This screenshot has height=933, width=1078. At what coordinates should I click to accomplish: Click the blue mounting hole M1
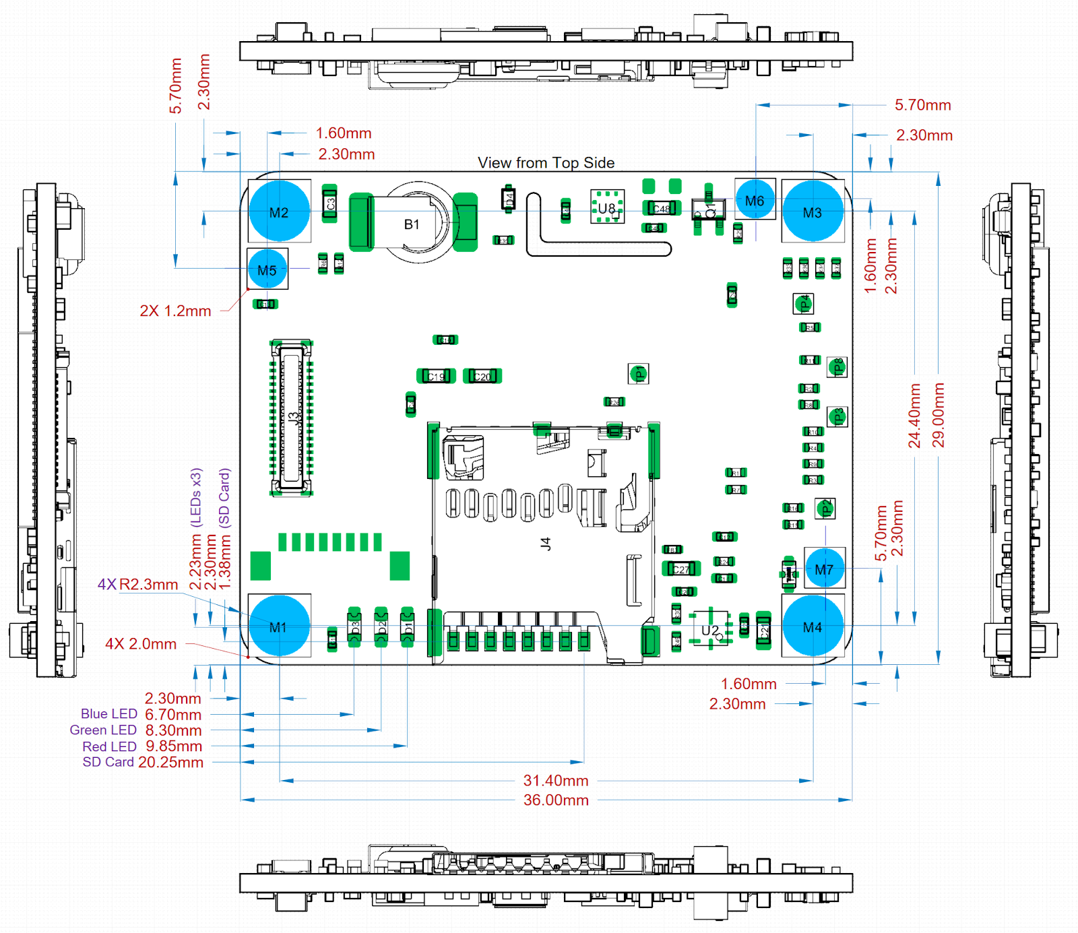(279, 626)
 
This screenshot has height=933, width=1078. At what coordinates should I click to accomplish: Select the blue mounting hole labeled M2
(279, 212)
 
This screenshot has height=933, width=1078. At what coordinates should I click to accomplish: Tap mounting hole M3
(813, 212)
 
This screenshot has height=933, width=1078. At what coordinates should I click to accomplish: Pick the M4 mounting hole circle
(813, 626)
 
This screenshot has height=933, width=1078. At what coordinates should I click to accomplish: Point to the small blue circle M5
(267, 269)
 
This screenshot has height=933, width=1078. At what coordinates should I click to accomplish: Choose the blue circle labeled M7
(824, 569)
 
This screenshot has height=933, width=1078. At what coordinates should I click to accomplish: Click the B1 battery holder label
(412, 224)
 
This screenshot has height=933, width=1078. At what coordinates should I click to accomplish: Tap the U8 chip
(607, 207)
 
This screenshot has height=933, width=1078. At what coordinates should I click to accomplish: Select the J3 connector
(292, 418)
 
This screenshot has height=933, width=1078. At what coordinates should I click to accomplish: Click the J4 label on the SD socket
(546, 543)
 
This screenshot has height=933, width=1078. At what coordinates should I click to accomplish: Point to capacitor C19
(436, 376)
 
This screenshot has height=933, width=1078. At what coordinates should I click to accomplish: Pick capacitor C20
(482, 376)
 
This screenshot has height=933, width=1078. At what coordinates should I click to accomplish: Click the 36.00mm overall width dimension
(556, 800)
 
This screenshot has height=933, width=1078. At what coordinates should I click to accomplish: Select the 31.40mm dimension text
(556, 780)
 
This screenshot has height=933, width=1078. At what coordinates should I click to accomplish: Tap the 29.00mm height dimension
(938, 415)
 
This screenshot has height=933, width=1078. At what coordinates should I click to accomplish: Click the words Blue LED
(109, 713)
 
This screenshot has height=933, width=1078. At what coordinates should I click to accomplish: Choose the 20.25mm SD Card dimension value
(170, 762)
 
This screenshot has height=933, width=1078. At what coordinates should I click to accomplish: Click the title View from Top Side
(546, 162)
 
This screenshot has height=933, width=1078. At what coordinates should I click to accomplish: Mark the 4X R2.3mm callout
(138, 584)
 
